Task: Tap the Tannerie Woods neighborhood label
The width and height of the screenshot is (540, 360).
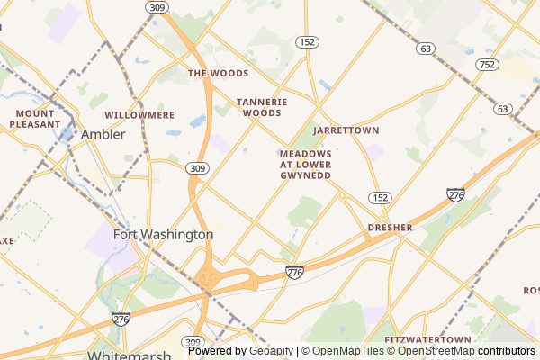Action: click(262, 108)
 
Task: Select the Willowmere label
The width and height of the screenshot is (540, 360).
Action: click(139, 116)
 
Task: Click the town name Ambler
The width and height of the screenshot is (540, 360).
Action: click(103, 134)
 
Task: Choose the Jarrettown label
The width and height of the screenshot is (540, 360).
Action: click(346, 130)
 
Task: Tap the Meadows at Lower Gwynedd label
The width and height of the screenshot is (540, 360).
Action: click(305, 165)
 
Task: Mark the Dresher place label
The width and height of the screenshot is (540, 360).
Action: click(390, 228)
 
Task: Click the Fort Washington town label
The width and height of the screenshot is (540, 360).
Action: click(163, 234)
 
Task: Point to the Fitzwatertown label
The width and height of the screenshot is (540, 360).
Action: click(428, 339)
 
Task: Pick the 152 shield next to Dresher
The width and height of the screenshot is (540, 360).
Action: click(380, 197)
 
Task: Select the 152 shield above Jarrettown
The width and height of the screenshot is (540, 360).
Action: click(308, 42)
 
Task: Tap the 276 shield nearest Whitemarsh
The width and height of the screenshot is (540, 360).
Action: click(122, 319)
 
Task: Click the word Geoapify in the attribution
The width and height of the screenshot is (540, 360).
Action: click(272, 351)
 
